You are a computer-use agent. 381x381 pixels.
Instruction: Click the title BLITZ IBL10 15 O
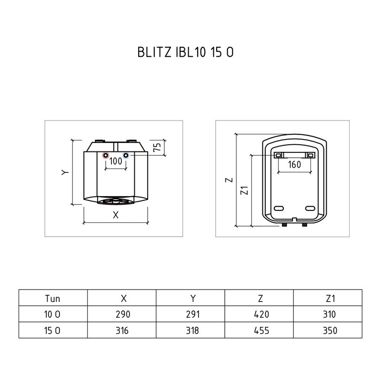(185, 52)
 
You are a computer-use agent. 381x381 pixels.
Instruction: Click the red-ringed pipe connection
(106, 156)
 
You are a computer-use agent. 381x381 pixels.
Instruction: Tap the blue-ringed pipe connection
(126, 156)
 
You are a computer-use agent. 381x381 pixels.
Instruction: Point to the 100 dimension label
(116, 161)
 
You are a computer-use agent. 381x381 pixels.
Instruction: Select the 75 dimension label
(157, 147)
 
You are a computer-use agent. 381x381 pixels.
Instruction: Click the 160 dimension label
(294, 164)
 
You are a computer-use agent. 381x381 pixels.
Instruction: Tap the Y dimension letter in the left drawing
(65, 172)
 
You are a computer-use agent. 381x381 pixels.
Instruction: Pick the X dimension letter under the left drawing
(116, 215)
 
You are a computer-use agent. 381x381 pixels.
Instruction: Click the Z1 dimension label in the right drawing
(244, 190)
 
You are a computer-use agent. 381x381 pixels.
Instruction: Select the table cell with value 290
(121, 314)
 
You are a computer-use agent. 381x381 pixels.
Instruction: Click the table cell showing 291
(190, 314)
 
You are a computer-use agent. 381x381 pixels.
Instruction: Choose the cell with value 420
(259, 314)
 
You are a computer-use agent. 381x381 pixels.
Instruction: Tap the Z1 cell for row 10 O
(328, 314)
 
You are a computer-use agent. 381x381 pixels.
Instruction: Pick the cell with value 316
(121, 330)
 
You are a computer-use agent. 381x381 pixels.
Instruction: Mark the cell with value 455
(259, 330)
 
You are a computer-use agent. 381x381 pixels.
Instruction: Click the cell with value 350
(328, 330)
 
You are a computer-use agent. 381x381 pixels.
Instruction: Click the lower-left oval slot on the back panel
(279, 208)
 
